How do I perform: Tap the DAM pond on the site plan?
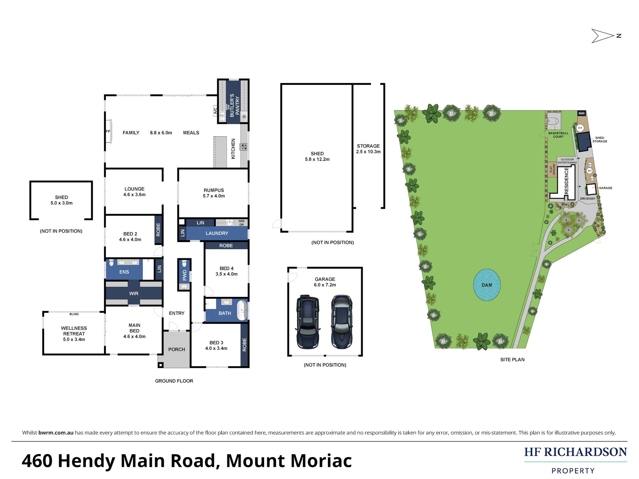pos(487,285)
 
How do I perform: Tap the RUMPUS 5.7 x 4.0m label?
pos(214,193)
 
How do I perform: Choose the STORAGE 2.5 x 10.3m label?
pos(368,149)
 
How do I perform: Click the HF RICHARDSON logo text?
pos(575,452)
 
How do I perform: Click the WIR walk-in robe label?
pos(134,293)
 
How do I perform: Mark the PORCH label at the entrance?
pos(177,349)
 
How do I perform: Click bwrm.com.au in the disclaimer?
pos(56,432)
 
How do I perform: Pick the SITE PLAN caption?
pos(512,359)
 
